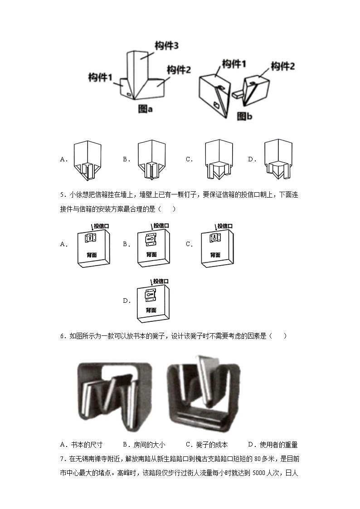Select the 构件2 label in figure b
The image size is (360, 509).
tap(283, 67)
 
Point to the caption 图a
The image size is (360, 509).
tap(146, 109)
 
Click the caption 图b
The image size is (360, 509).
tap(244, 116)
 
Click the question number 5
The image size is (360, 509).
tap(62, 195)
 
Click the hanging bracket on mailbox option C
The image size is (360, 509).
tap(214, 238)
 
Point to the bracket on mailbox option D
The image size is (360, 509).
tap(150, 295)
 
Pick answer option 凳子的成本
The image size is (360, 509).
tap(211, 445)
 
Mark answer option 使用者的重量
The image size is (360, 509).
tap(277, 445)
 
